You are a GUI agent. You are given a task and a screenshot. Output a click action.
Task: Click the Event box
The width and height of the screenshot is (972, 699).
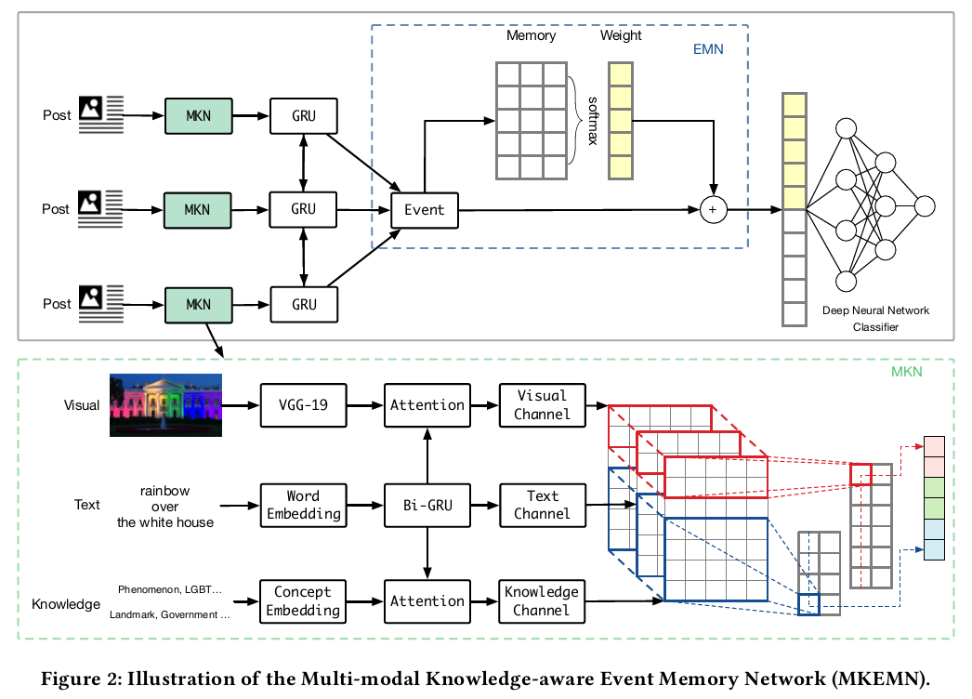click(x=425, y=210)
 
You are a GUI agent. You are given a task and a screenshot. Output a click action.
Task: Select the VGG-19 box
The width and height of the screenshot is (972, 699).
click(x=302, y=405)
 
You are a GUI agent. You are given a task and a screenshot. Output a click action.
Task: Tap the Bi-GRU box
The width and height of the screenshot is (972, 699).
click(x=427, y=504)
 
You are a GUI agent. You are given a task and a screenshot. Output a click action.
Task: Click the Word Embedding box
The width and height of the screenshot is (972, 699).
click(x=302, y=504)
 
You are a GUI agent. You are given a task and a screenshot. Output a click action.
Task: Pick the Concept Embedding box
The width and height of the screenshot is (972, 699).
click(x=302, y=600)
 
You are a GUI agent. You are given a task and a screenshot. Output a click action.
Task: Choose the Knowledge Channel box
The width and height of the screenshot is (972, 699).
click(x=542, y=600)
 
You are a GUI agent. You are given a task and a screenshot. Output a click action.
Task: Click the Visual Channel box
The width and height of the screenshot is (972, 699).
click(x=542, y=405)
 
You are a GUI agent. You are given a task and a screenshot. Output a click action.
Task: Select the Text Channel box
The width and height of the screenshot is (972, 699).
click(x=542, y=504)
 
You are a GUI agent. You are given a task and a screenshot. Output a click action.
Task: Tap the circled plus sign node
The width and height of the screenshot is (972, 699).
click(x=714, y=210)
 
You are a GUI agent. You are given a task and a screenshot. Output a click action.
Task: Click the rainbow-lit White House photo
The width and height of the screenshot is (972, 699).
click(x=166, y=404)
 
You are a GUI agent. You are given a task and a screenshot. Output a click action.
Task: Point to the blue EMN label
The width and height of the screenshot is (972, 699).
click(x=709, y=49)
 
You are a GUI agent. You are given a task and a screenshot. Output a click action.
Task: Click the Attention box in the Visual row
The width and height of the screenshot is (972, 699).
click(x=427, y=405)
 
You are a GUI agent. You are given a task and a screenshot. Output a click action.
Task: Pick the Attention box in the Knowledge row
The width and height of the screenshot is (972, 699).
click(x=427, y=600)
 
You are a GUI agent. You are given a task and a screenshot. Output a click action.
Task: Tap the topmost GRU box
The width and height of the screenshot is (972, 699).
click(x=303, y=116)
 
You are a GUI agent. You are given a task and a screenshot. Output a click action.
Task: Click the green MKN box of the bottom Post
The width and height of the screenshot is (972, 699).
click(x=197, y=304)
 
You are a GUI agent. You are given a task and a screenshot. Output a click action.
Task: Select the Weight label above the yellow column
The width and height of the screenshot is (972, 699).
click(x=621, y=35)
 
